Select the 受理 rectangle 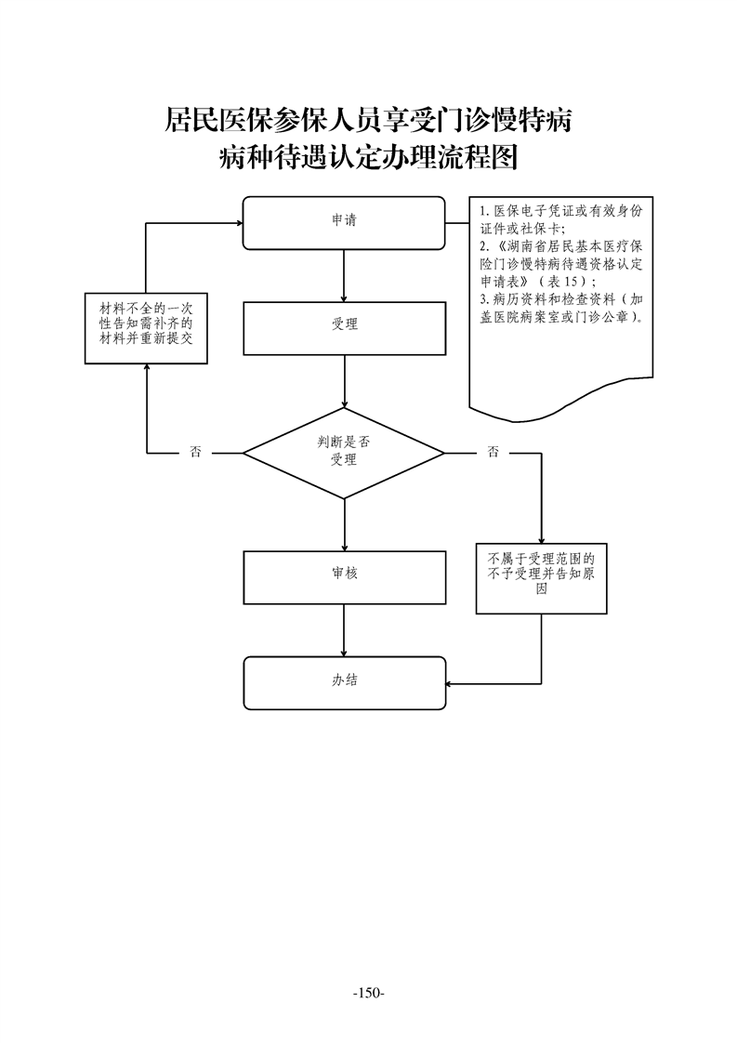tap(344, 324)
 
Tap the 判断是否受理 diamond tap(344, 453)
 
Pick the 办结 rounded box tap(344, 682)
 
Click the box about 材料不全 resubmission tap(146, 330)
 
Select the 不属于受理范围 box tap(541, 578)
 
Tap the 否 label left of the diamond tap(195, 453)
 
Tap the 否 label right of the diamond tap(493, 453)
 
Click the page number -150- tap(369, 994)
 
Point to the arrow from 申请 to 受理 tap(344, 275)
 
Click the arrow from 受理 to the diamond tap(344, 379)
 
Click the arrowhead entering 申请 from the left tap(237, 223)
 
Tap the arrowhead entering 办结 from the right tap(450, 685)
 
